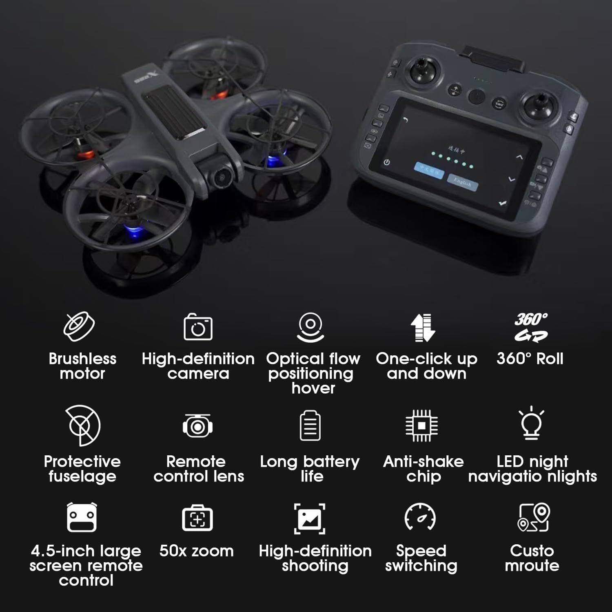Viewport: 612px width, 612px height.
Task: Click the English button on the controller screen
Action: [x=463, y=182]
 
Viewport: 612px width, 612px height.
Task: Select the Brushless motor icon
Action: [x=79, y=326]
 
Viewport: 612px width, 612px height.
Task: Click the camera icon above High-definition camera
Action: [x=198, y=327]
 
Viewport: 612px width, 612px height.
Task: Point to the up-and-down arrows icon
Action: [x=423, y=328]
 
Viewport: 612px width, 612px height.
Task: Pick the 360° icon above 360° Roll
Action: [x=531, y=327]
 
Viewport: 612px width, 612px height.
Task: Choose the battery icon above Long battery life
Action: [x=310, y=426]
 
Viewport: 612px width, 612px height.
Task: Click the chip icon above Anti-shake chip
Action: [x=422, y=426]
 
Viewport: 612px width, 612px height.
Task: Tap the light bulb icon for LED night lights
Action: [x=531, y=424]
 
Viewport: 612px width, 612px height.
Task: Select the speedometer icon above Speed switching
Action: [x=420, y=517]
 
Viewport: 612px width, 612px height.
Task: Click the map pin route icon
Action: [x=534, y=517]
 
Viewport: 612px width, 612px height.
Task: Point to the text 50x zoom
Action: [x=196, y=551]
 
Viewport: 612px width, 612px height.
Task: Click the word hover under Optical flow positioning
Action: [x=313, y=388]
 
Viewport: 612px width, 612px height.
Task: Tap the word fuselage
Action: [x=82, y=476]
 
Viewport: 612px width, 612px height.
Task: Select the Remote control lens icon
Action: [x=197, y=426]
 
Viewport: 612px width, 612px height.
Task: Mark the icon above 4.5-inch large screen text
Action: [x=82, y=517]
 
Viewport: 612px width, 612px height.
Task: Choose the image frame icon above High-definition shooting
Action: [x=310, y=518]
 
